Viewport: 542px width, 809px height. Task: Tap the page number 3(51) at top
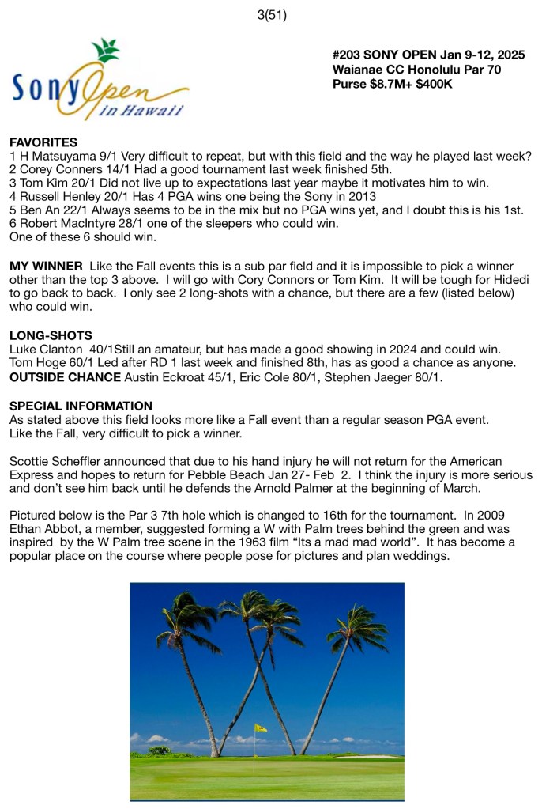pos(271,13)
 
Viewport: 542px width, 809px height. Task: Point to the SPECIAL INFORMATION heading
pos(81,406)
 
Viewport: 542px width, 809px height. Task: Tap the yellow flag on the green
pos(260,728)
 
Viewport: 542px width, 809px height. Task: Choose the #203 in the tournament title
pos(348,55)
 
